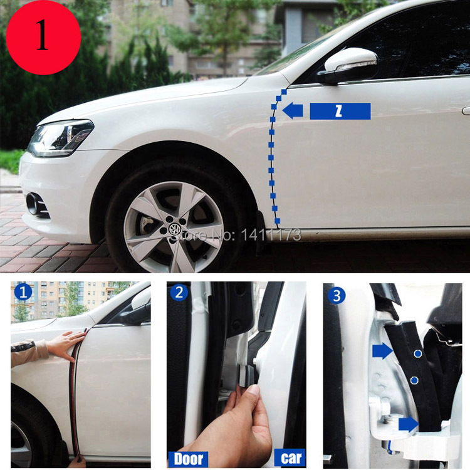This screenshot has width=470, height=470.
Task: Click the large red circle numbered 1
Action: click(43, 37)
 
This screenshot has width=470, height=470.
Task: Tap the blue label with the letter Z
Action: click(340, 111)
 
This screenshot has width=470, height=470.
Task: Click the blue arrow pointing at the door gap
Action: click(293, 110)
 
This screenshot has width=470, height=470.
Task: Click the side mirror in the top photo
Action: click(349, 66)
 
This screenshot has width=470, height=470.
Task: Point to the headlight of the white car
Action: click(60, 138)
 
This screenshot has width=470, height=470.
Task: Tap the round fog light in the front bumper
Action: click(32, 204)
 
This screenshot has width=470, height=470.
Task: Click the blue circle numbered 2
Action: click(179, 293)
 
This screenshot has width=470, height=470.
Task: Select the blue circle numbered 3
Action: click(337, 296)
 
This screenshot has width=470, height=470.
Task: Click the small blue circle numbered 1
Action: click(23, 292)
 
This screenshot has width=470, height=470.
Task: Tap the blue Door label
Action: click(188, 459)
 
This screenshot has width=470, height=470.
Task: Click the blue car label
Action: click(290, 457)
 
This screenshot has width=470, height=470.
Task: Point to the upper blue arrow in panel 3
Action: click(382, 351)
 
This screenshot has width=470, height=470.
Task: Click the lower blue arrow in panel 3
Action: click(409, 425)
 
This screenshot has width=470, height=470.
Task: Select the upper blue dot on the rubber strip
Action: click(418, 353)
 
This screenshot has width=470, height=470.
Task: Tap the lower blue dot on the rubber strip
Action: click(414, 380)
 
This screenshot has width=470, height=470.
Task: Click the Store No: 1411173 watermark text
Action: click(235, 235)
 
